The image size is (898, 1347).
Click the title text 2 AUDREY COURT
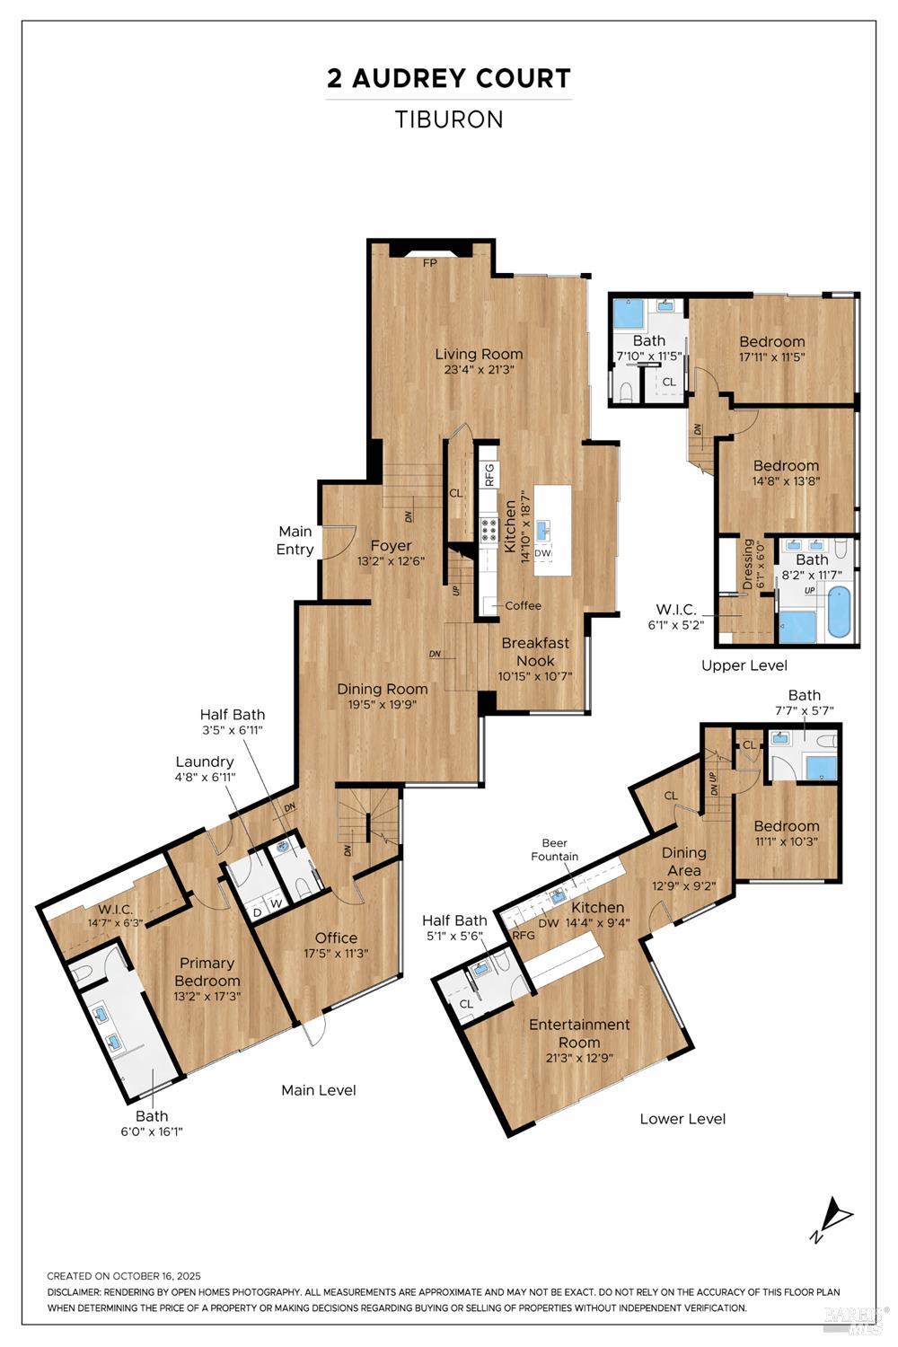448,79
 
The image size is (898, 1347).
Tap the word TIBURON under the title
449,119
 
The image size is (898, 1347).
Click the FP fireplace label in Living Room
430,263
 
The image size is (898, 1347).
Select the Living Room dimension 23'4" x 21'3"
479,369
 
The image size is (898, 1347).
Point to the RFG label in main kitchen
489,474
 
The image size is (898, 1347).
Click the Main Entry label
295,541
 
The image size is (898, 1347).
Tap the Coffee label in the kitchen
523,605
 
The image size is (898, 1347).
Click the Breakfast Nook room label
535,651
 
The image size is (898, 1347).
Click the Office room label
336,938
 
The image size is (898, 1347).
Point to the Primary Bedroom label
207,972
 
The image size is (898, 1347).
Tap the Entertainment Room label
579,1033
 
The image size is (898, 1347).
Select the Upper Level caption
744,665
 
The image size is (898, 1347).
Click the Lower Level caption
682,1119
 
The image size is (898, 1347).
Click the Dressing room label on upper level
748,564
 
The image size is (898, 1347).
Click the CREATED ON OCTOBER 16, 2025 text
124,1276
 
